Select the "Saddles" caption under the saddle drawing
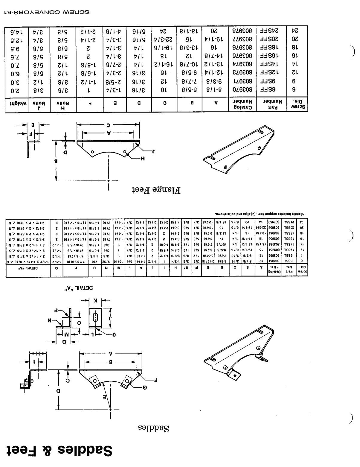coord(154,428)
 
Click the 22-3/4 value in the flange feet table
coord(164,39)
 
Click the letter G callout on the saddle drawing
coord(145,387)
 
